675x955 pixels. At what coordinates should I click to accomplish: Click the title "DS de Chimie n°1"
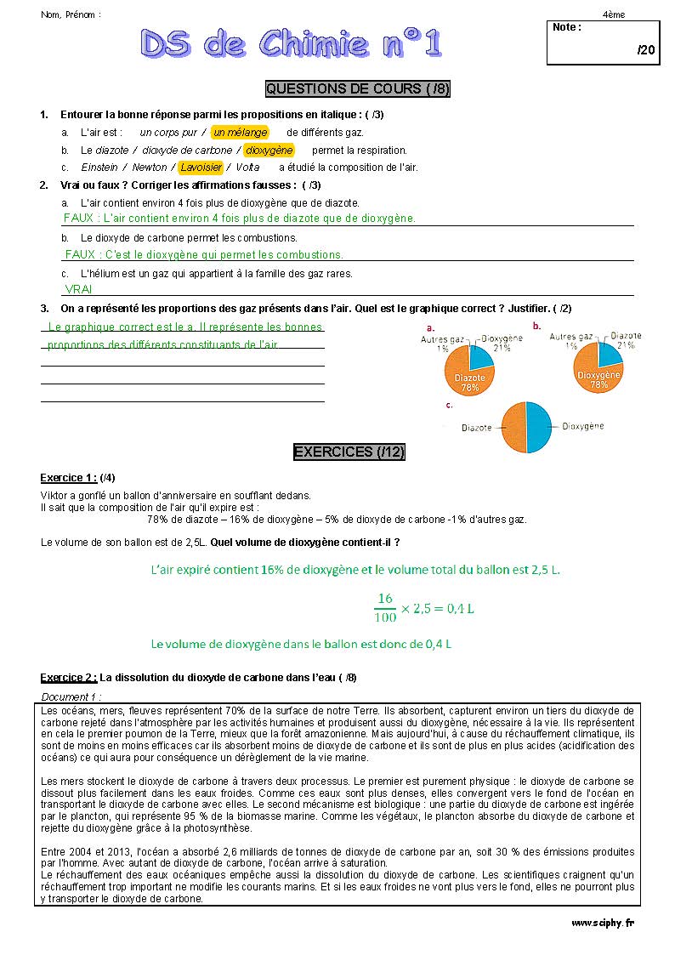(x=292, y=45)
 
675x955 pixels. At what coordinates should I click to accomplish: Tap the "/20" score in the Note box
(x=645, y=50)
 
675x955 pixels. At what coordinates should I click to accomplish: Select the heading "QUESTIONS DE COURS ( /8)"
(x=357, y=88)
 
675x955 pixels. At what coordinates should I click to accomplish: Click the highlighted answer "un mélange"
(x=240, y=133)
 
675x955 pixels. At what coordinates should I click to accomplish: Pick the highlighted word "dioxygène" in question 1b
(x=269, y=151)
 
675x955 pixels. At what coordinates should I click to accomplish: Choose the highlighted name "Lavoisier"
(x=201, y=168)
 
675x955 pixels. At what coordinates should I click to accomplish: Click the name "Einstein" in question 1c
(x=99, y=168)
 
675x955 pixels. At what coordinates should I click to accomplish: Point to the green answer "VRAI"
(x=78, y=289)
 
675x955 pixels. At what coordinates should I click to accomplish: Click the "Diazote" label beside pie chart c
(x=478, y=429)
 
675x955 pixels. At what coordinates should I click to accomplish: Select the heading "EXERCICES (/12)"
(x=349, y=452)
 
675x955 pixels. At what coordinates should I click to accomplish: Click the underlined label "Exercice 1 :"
(x=68, y=477)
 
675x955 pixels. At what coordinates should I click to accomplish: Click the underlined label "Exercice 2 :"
(x=68, y=678)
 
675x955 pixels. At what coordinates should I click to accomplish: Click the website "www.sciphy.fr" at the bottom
(x=602, y=923)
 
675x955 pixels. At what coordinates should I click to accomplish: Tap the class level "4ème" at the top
(x=613, y=14)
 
